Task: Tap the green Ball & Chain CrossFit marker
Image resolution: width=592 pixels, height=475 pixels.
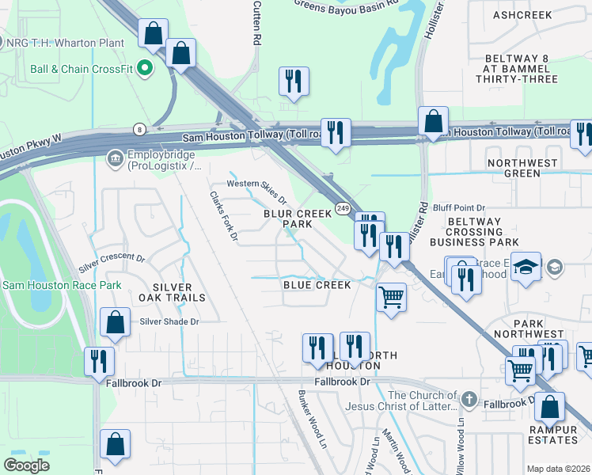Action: (145, 69)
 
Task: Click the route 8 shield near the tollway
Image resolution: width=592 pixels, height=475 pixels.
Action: (139, 128)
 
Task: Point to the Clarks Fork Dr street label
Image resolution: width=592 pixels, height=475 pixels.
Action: (223, 216)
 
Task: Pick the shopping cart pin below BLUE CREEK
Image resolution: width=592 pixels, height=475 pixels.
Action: (391, 298)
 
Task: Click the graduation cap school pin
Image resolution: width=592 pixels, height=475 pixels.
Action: (526, 268)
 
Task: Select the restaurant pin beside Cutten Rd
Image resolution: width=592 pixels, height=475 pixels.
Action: (294, 81)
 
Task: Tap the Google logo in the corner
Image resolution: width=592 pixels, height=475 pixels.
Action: (27, 465)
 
